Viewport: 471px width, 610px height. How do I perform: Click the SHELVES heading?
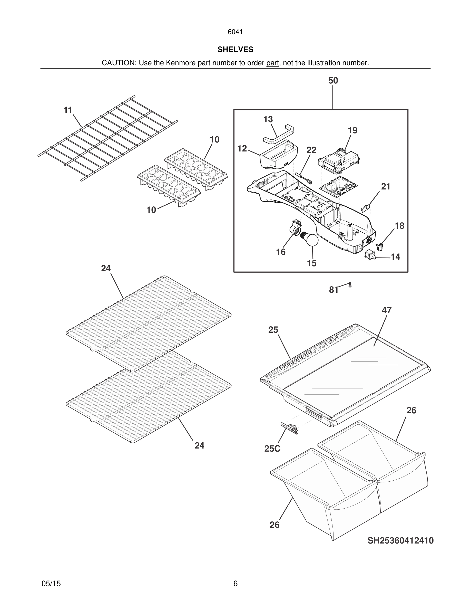[x=235, y=50]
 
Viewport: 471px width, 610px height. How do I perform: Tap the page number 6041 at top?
[x=235, y=32]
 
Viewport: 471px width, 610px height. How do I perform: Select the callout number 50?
[x=333, y=81]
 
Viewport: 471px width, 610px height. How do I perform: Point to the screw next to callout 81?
[x=350, y=285]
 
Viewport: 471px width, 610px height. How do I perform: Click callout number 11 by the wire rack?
[x=68, y=110]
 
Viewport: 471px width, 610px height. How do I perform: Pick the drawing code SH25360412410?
[x=400, y=540]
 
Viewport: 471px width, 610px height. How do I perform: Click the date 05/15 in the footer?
[x=51, y=584]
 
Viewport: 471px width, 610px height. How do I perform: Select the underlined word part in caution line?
[x=272, y=63]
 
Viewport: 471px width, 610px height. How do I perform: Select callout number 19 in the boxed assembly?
[x=352, y=130]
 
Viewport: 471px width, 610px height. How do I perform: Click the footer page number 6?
[x=235, y=584]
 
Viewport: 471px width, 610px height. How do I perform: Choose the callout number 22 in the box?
[x=311, y=150]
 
